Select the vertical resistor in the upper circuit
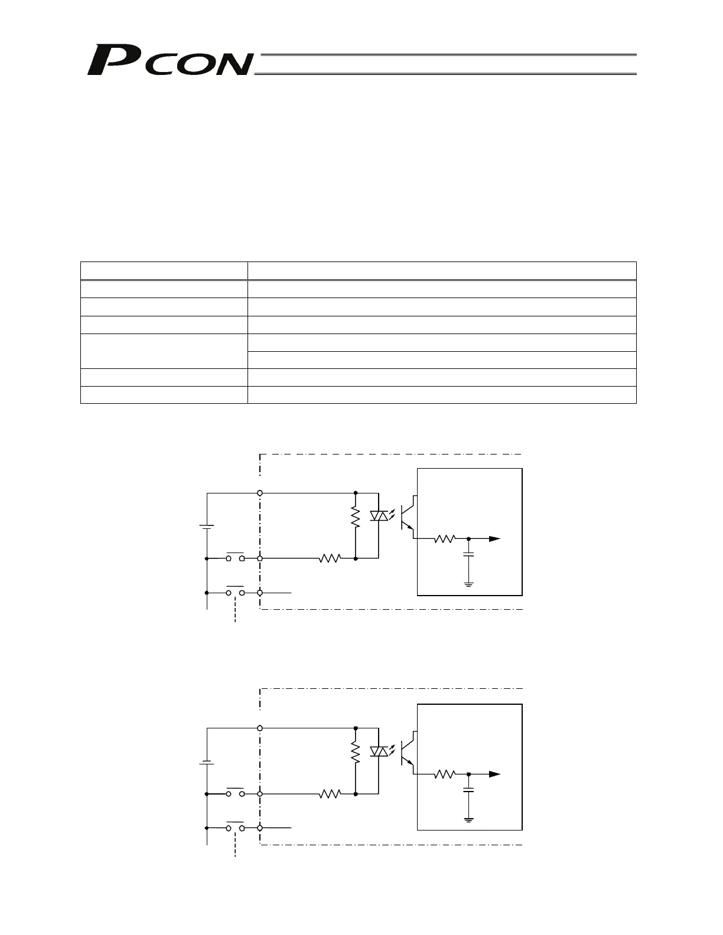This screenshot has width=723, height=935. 356,517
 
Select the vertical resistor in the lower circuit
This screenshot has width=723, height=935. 356,753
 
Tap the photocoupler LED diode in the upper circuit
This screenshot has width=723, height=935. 378,516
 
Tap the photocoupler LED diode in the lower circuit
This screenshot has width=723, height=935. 378,751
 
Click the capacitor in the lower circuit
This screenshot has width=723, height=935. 468,791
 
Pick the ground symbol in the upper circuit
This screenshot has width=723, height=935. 468,584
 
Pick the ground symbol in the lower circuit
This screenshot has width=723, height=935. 468,820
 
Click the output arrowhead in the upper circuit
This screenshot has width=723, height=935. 495,539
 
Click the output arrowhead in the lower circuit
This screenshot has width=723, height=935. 495,774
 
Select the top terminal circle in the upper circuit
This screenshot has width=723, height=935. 260,492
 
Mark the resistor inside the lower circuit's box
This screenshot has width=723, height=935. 445,774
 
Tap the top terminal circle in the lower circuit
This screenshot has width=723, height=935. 260,728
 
